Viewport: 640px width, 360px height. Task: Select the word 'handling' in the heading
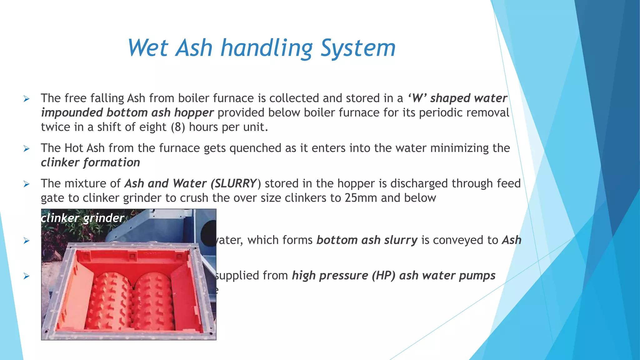click(267, 48)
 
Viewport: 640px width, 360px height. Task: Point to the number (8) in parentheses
click(178, 127)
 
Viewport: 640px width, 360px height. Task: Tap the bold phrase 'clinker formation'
click(91, 162)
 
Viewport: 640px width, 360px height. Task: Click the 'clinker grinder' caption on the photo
click(83, 218)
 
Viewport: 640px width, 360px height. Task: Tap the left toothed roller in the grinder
click(111, 300)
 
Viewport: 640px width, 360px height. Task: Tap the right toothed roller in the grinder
click(153, 300)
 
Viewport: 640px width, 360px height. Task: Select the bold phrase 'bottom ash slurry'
click(367, 240)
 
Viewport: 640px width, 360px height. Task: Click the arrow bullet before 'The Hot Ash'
click(27, 149)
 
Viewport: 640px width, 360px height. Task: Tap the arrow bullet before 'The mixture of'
click(27, 184)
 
